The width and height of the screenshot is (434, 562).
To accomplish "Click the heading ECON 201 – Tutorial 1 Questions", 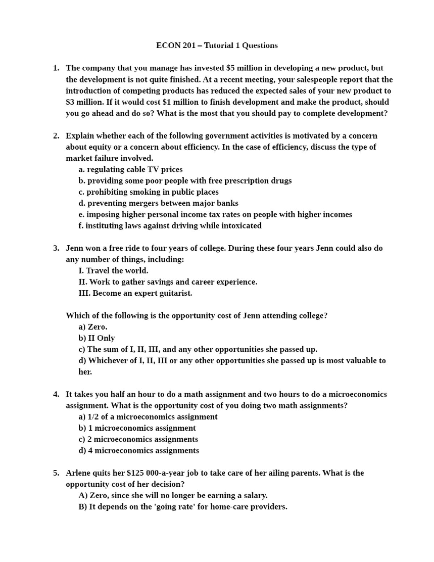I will point(217,46).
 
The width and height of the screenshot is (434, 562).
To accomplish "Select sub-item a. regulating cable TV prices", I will point(131,169).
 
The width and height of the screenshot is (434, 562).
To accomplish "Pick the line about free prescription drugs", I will point(185,181).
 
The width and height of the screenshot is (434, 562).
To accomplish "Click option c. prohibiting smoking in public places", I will point(148,192).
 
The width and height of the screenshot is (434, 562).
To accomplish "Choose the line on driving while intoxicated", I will point(170,225).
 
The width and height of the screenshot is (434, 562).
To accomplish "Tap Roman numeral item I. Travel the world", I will point(113,271).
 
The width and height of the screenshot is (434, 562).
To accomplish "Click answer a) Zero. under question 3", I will point(93,327).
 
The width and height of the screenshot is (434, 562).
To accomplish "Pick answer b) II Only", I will point(97,338).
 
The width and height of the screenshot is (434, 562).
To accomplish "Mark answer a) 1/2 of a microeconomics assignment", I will point(148,417).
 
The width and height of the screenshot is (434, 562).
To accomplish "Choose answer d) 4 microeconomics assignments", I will point(139,450).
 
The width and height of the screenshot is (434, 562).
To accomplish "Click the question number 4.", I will point(56,394).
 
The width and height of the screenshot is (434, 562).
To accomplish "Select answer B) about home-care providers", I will point(183,507).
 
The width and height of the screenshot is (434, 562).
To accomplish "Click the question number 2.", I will point(56,136).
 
